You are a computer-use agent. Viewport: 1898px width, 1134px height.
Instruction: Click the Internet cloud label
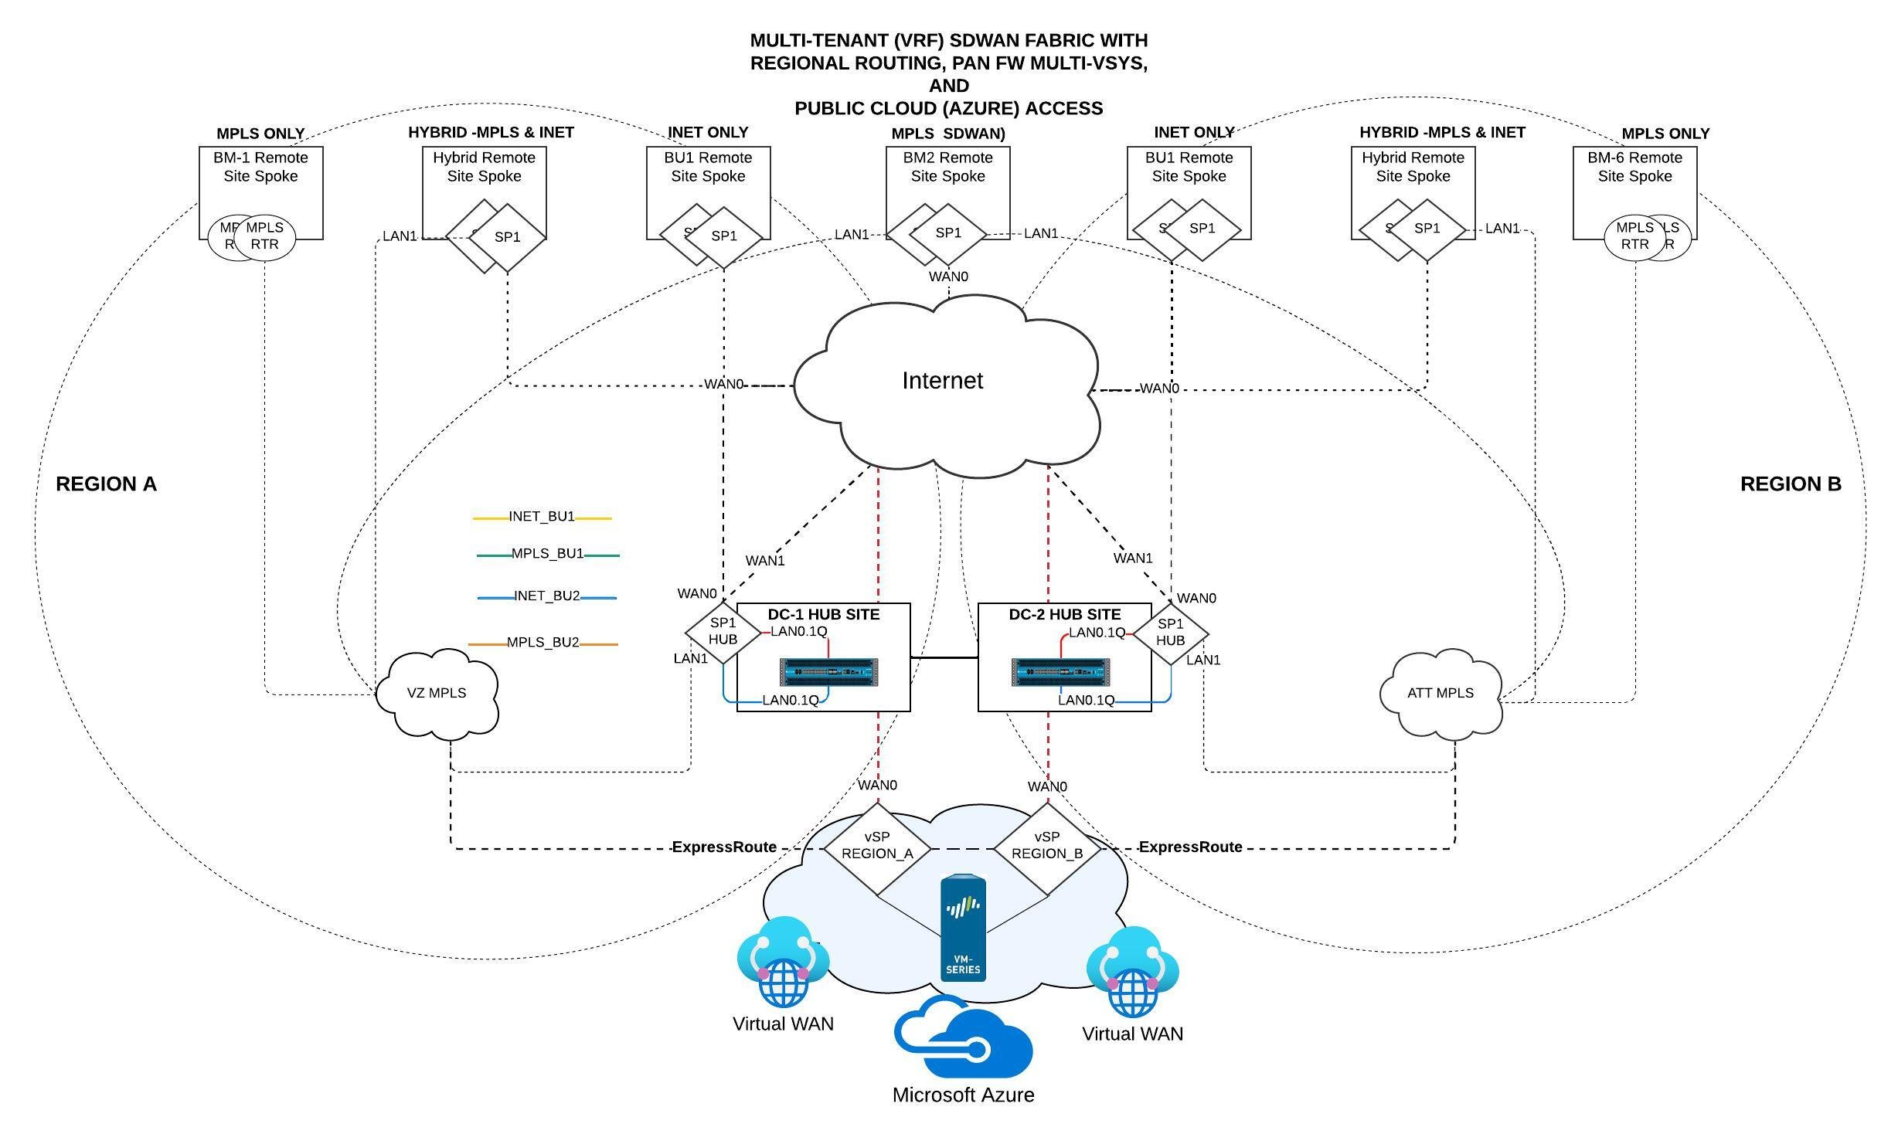pos(942,381)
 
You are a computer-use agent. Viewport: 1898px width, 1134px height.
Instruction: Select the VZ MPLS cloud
pos(437,693)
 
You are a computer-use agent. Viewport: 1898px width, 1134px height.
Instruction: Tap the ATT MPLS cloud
pos(1441,693)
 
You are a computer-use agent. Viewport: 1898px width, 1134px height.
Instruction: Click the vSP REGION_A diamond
pos(877,847)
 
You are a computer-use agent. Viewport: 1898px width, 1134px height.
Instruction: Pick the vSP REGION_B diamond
pos(1047,847)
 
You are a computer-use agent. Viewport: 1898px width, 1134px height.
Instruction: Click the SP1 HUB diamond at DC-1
pos(723,631)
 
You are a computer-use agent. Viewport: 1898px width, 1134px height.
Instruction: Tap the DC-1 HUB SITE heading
pos(823,615)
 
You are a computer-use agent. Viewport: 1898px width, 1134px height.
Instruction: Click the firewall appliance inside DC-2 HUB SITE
pos(1060,672)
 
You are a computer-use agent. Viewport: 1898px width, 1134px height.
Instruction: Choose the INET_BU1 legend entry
pos(542,517)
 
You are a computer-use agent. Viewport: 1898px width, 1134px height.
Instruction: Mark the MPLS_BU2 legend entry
pos(543,643)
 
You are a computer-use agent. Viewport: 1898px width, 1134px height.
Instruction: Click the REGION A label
pos(107,484)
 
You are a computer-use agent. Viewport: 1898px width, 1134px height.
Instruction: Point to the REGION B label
pos(1791,484)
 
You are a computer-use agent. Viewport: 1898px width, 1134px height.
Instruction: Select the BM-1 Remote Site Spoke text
pos(260,167)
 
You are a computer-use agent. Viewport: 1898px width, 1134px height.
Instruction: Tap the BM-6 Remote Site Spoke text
pos(1634,167)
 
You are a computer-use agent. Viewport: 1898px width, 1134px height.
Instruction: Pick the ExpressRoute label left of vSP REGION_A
pos(724,847)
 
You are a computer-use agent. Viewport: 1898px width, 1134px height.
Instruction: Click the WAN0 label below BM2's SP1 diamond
pos(948,277)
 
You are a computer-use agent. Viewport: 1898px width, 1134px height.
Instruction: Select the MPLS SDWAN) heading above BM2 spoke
pos(948,134)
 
